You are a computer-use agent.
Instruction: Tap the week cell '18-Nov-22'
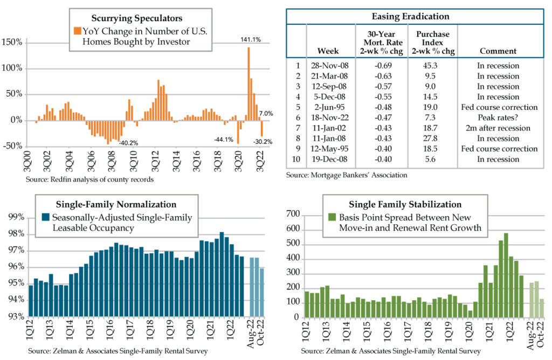pyautogui.click(x=328, y=117)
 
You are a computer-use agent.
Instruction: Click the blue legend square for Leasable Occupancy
pyautogui.click(x=46, y=218)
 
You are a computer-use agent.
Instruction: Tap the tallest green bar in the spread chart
pyautogui.click(x=506, y=275)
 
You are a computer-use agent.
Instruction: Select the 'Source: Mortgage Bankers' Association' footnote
pyautogui.click(x=346, y=175)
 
